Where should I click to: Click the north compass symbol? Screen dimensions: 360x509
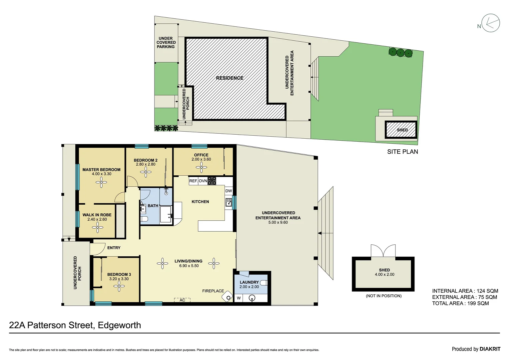(x=490, y=23)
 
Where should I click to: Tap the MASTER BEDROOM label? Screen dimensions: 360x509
(x=101, y=170)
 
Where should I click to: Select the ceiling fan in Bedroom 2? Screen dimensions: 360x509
(x=146, y=172)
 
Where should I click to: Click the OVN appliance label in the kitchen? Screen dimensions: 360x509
(x=203, y=181)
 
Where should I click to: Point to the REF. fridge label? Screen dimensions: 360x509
(x=193, y=181)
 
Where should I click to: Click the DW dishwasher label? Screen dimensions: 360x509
(x=229, y=191)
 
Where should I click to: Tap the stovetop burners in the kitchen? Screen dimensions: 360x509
(x=212, y=181)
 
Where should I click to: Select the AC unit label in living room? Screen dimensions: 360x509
(x=182, y=300)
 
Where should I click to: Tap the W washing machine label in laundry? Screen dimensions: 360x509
(x=239, y=298)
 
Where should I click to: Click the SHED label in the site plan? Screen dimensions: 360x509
(x=402, y=130)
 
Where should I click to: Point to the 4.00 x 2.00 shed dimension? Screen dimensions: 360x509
(x=384, y=275)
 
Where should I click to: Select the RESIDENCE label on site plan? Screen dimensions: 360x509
(x=230, y=78)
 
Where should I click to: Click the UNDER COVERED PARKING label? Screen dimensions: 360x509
(x=166, y=43)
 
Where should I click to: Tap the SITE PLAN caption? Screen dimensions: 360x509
(x=402, y=152)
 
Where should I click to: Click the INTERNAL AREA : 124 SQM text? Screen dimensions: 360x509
(x=465, y=291)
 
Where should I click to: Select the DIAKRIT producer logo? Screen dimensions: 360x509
(x=490, y=349)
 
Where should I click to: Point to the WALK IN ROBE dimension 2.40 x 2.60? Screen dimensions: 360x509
(x=97, y=219)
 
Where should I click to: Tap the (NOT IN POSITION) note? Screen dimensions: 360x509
(x=383, y=296)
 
